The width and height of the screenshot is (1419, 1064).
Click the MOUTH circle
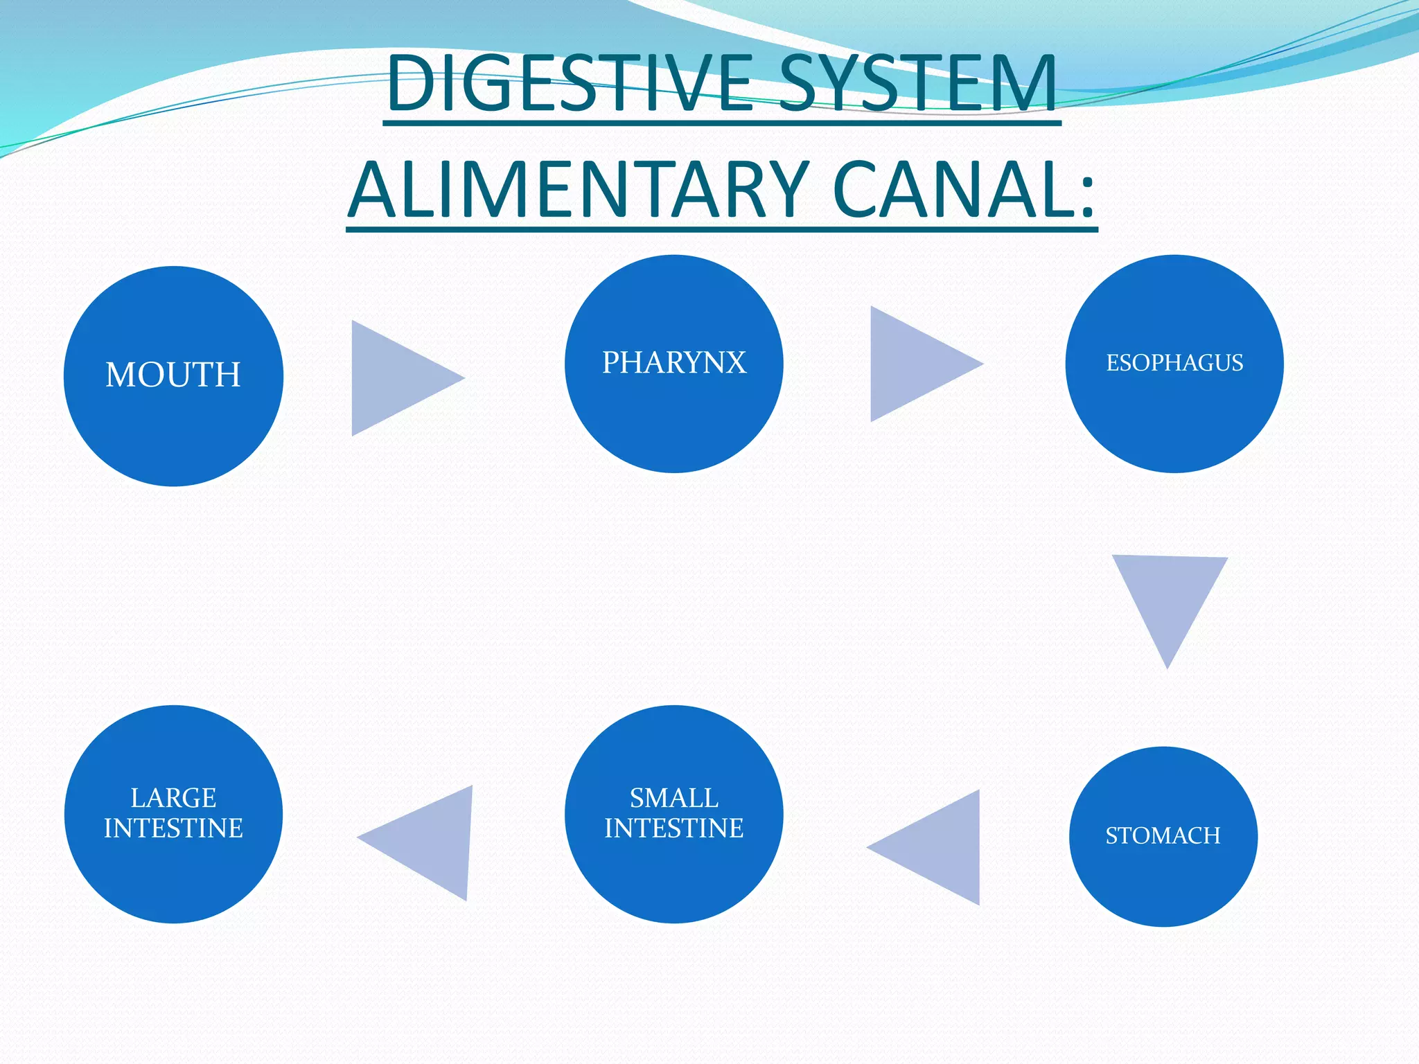point(173,376)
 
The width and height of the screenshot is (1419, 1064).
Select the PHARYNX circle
point(673,364)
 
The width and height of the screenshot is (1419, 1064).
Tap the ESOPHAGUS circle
point(1174,364)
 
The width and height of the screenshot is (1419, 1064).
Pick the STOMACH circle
point(1163,836)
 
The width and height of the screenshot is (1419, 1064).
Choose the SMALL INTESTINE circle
point(673,814)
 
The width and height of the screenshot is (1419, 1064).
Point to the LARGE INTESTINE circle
point(173,814)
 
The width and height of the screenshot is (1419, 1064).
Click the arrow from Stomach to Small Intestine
point(935,847)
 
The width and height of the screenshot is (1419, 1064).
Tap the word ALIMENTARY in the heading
point(579,189)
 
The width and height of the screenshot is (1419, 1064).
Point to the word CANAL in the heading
point(949,189)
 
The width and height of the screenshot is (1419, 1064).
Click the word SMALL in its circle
point(673,798)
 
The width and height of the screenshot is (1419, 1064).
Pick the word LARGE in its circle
point(173,798)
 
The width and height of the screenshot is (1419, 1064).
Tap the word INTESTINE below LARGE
point(173,828)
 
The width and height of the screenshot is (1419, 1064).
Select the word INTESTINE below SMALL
point(673,828)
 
